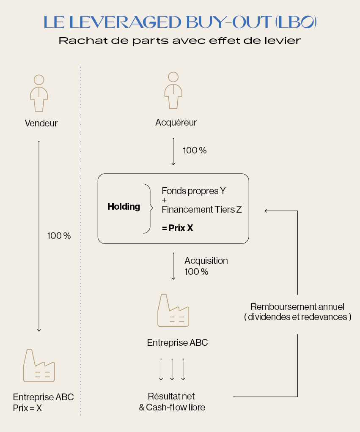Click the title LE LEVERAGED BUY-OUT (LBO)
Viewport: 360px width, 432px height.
pos(180,22)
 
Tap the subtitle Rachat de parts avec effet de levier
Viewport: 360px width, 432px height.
pos(180,41)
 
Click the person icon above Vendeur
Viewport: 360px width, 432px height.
pos(39,93)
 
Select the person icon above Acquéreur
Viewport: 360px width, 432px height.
pos(173,90)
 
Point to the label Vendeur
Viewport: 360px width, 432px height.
pos(41,123)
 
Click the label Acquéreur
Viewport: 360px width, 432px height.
pos(176,122)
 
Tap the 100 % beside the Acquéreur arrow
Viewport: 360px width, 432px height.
pos(195,150)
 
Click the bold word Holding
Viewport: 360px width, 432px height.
pos(124,206)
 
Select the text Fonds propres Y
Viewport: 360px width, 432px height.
pos(194,191)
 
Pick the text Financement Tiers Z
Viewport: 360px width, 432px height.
pos(202,209)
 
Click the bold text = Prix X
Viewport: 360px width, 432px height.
pos(178,228)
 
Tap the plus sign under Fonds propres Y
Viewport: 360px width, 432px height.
pos(164,200)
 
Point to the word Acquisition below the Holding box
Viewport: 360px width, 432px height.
pos(206,261)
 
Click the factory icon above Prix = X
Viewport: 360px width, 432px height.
pos(39,366)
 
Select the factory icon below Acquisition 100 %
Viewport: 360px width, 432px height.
pos(173,311)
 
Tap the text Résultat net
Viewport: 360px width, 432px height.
pos(171,396)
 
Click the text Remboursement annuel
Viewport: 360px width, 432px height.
pos(297,306)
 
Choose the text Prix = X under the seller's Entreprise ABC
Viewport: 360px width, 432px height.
pos(27,408)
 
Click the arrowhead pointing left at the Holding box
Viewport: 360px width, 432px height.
pos(266,211)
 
